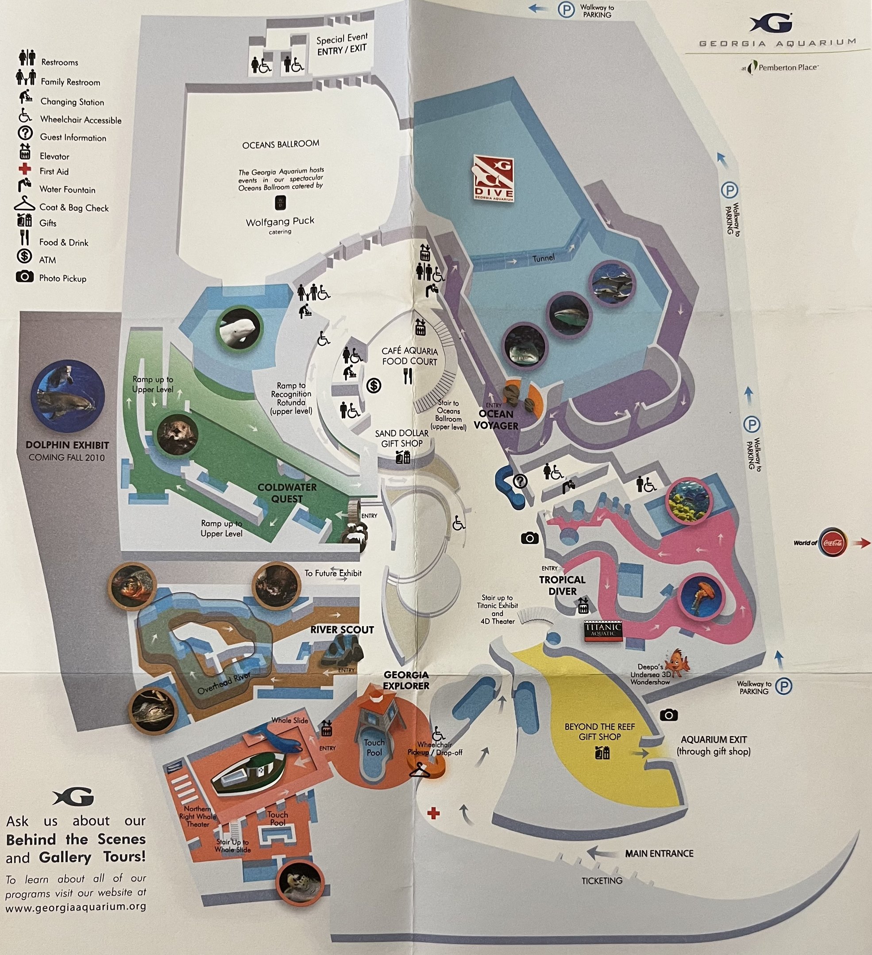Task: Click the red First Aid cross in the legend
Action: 25,170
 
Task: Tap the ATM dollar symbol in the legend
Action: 25,256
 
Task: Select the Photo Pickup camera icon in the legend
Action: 25,277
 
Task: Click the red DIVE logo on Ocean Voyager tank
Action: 494,179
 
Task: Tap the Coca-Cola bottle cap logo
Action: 833,543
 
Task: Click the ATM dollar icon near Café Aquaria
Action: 374,386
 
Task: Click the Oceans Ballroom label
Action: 281,144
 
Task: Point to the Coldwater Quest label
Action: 287,493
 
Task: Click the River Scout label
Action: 342,630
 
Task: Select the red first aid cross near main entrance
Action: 433,814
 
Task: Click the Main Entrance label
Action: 659,853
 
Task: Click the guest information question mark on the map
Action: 520,481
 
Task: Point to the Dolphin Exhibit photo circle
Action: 68,397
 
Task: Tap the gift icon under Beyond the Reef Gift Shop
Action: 602,752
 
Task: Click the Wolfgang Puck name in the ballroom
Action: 280,221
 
